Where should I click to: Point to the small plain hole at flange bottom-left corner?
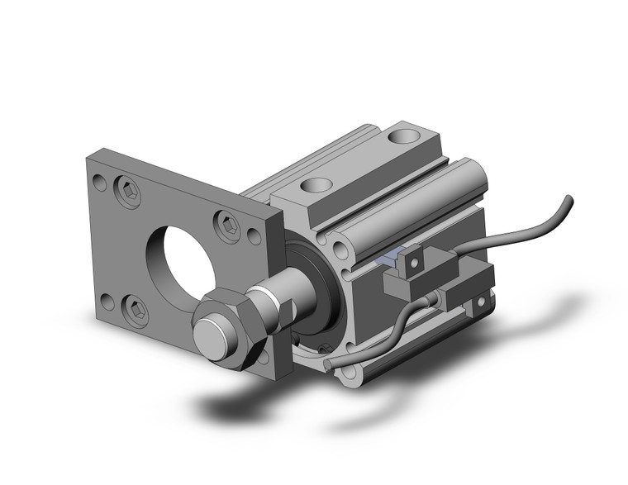[x=105, y=298]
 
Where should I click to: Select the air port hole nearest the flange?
[x=317, y=187]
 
